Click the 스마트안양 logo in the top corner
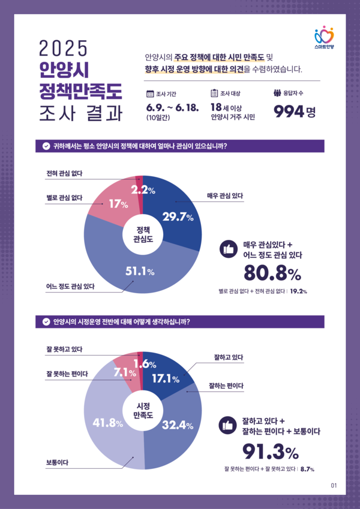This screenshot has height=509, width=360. pos(323,37)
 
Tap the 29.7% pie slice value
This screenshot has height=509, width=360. pos(178,217)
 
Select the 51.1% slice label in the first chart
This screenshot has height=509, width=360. pos(140,272)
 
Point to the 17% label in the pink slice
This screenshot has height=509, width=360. pos(118,204)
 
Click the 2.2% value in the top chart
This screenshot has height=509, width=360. pos(143,191)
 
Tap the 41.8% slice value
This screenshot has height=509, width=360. pos(108,423)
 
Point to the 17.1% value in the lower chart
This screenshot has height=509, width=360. pos(165,378)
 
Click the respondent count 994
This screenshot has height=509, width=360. pos(289,112)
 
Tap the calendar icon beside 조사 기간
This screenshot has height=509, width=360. pos(150,94)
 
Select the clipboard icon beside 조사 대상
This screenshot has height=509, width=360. pos(214,94)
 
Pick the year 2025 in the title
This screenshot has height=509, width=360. pos(63,47)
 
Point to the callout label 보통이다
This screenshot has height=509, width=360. pos(56,462)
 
